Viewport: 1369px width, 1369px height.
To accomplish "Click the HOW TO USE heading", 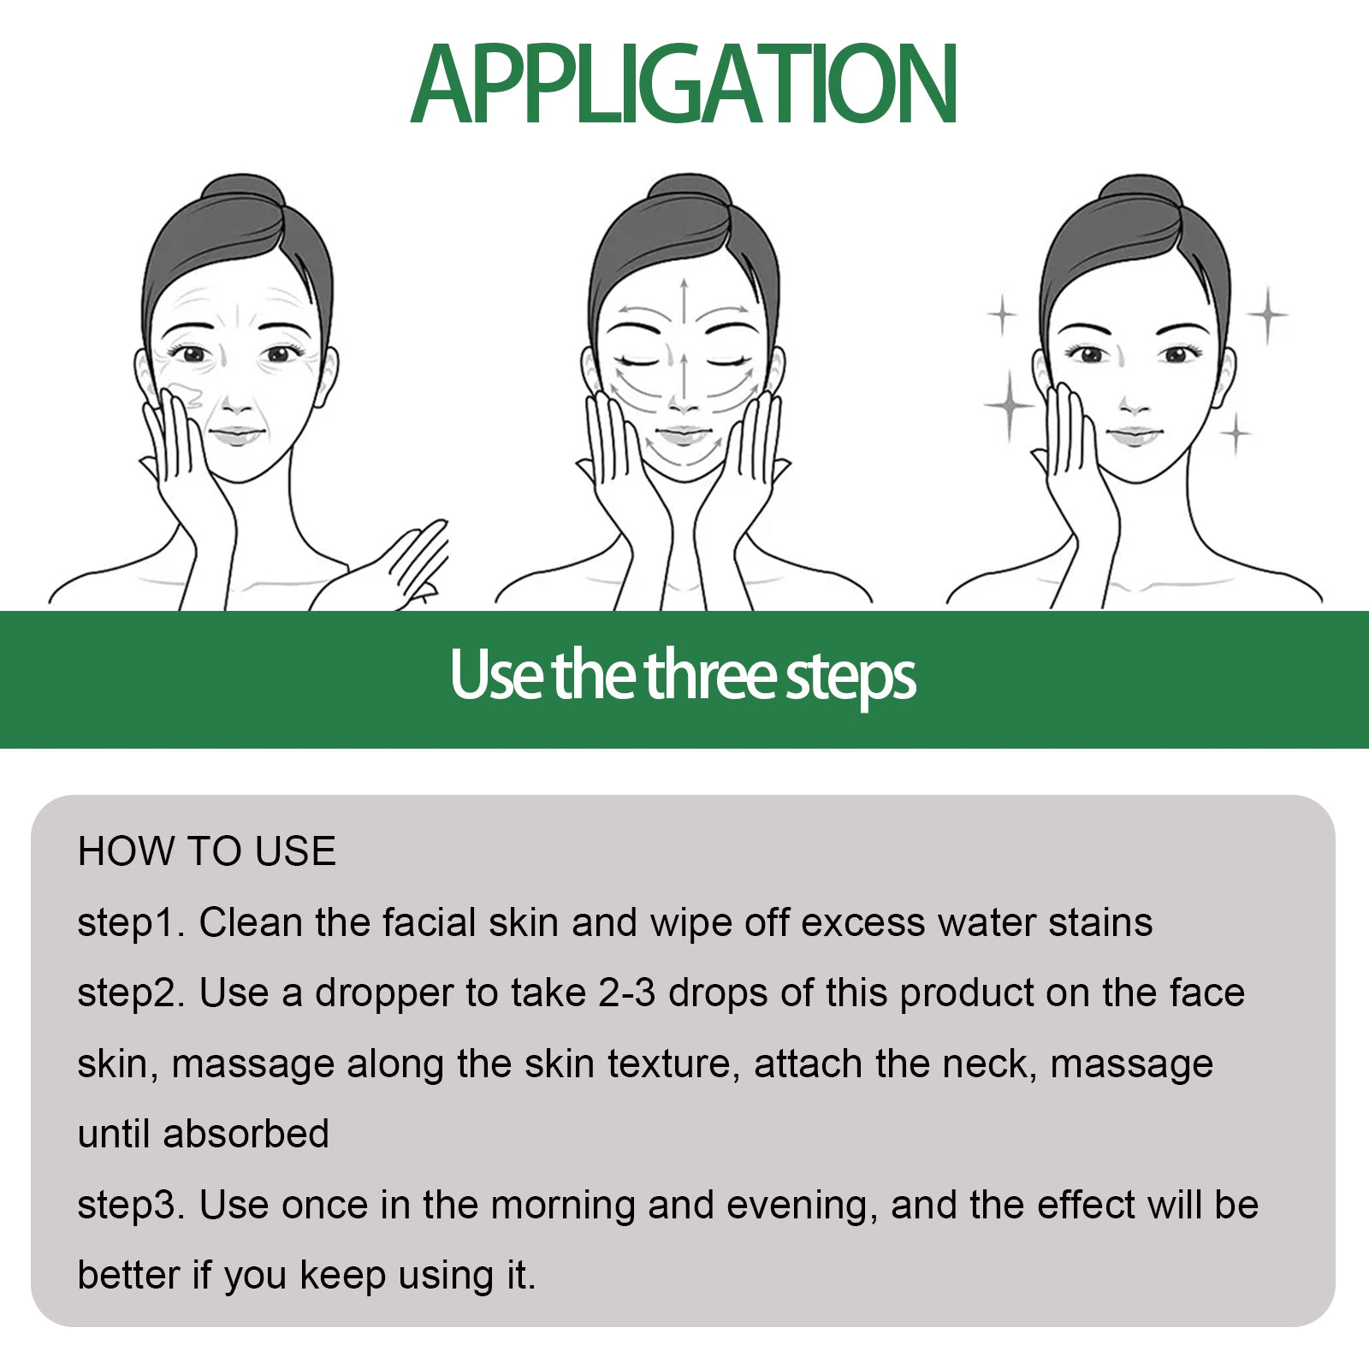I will [x=206, y=851].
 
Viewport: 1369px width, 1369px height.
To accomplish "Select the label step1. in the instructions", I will [x=131, y=923].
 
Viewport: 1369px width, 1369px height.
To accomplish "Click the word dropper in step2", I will [x=383, y=993].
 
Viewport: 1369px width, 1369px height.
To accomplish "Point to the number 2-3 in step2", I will [x=626, y=993].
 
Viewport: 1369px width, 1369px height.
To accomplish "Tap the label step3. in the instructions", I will [x=131, y=1205].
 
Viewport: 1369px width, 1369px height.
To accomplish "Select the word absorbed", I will [x=246, y=1134].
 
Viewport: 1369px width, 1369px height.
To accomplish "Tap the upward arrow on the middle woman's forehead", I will [x=684, y=299].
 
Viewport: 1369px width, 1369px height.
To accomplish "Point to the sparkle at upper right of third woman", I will [x=1267, y=314].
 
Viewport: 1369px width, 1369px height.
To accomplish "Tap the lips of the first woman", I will [x=235, y=434].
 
